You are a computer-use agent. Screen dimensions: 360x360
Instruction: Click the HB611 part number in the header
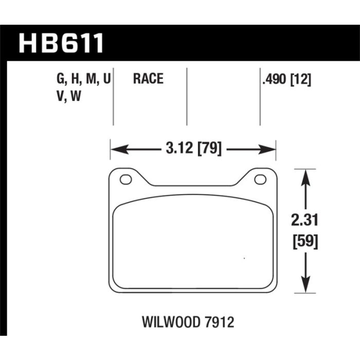click(61, 43)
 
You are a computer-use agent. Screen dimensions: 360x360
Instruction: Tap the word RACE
click(148, 79)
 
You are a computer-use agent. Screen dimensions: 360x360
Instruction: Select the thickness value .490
click(275, 79)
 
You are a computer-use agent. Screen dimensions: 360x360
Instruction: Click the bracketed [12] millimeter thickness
click(301, 80)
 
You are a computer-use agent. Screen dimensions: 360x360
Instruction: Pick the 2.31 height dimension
click(304, 220)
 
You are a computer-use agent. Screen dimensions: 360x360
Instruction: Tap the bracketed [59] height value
click(305, 241)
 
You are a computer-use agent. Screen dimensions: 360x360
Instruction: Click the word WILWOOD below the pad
click(171, 322)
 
